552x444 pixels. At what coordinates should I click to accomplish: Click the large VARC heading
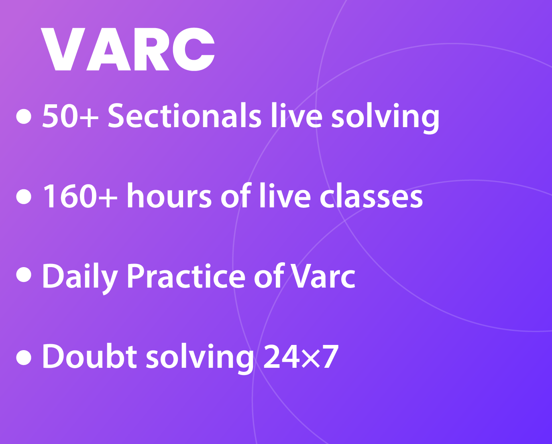[x=128, y=49]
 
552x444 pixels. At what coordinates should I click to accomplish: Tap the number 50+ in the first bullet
[x=70, y=116]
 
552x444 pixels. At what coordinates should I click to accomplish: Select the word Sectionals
[x=185, y=116]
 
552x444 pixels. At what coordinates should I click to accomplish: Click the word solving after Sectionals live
[x=385, y=118]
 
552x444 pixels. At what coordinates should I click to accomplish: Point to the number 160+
[x=80, y=196]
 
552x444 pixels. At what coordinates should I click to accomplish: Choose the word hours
[x=169, y=195]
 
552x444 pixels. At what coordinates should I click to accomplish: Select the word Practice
[x=186, y=276]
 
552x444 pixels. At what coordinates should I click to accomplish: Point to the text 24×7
[x=301, y=357]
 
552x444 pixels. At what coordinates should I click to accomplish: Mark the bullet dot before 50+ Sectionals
[x=24, y=116]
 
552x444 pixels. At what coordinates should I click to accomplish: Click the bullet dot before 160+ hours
[x=24, y=197]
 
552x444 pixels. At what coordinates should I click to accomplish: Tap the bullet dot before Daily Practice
[x=24, y=275]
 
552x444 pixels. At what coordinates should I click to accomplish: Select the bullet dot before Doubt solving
[x=24, y=357]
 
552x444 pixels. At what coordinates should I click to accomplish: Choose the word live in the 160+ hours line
[x=285, y=195]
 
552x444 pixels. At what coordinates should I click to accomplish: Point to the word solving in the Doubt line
[x=200, y=359]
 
